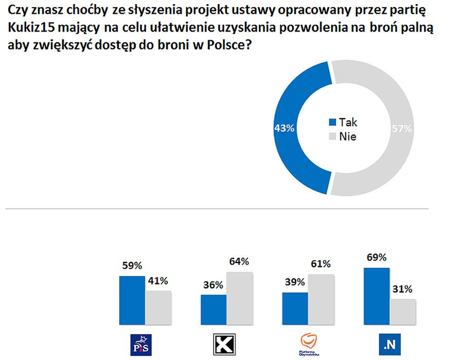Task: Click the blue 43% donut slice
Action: (291, 129)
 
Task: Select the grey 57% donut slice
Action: (391, 129)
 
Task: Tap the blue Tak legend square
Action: (332, 122)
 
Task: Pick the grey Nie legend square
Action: (332, 137)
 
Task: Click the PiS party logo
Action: (141, 344)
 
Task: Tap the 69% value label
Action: (376, 258)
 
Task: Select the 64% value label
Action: (240, 262)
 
